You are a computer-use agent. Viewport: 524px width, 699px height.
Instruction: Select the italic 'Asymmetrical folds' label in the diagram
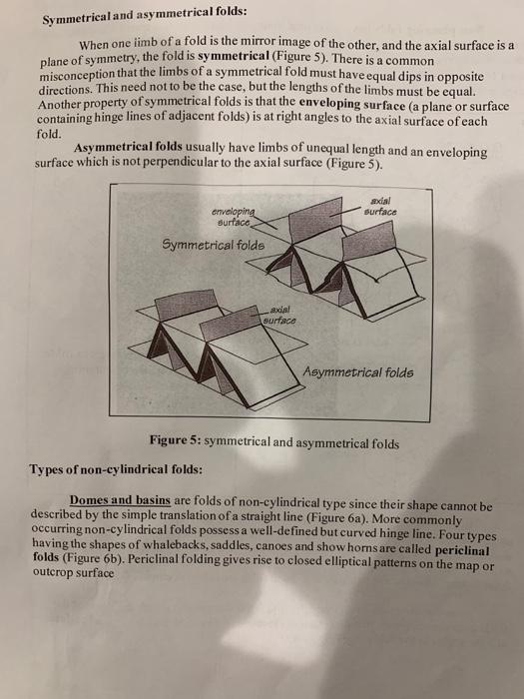point(359,374)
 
